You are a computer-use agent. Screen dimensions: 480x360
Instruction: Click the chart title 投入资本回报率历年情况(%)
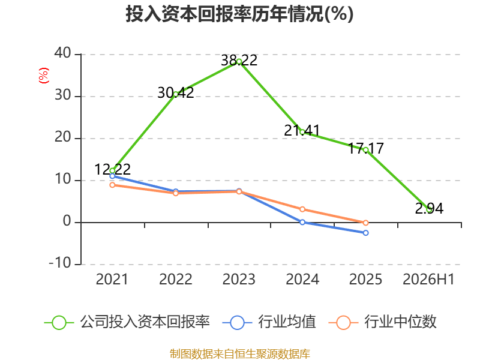239,14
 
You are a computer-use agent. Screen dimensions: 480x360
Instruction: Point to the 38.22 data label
239,60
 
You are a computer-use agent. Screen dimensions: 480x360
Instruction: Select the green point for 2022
176,95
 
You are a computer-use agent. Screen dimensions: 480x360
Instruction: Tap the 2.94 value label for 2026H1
429,208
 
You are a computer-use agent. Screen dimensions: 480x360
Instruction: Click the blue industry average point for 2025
365,233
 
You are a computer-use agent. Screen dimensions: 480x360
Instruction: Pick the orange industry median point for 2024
302,209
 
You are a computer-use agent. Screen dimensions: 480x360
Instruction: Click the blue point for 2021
112,176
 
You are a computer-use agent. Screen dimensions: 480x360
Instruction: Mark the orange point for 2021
112,185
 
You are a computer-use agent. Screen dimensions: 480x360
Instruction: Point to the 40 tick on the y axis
63,53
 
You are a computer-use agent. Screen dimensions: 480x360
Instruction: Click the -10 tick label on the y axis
60,263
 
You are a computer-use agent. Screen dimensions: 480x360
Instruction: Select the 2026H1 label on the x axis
428,279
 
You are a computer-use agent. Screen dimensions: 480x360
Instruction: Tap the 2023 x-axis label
239,279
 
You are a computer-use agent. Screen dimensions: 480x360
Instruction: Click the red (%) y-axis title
44,76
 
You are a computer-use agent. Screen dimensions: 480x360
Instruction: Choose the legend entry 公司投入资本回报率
127,322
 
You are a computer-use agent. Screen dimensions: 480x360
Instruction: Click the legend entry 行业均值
269,322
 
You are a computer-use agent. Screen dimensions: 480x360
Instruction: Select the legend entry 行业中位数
382,322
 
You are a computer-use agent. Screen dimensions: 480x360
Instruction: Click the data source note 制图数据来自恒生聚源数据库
239,353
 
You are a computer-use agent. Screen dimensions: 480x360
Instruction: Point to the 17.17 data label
366,148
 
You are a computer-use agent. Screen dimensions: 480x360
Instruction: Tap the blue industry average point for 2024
302,222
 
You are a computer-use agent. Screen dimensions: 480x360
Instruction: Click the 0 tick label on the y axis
67,221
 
